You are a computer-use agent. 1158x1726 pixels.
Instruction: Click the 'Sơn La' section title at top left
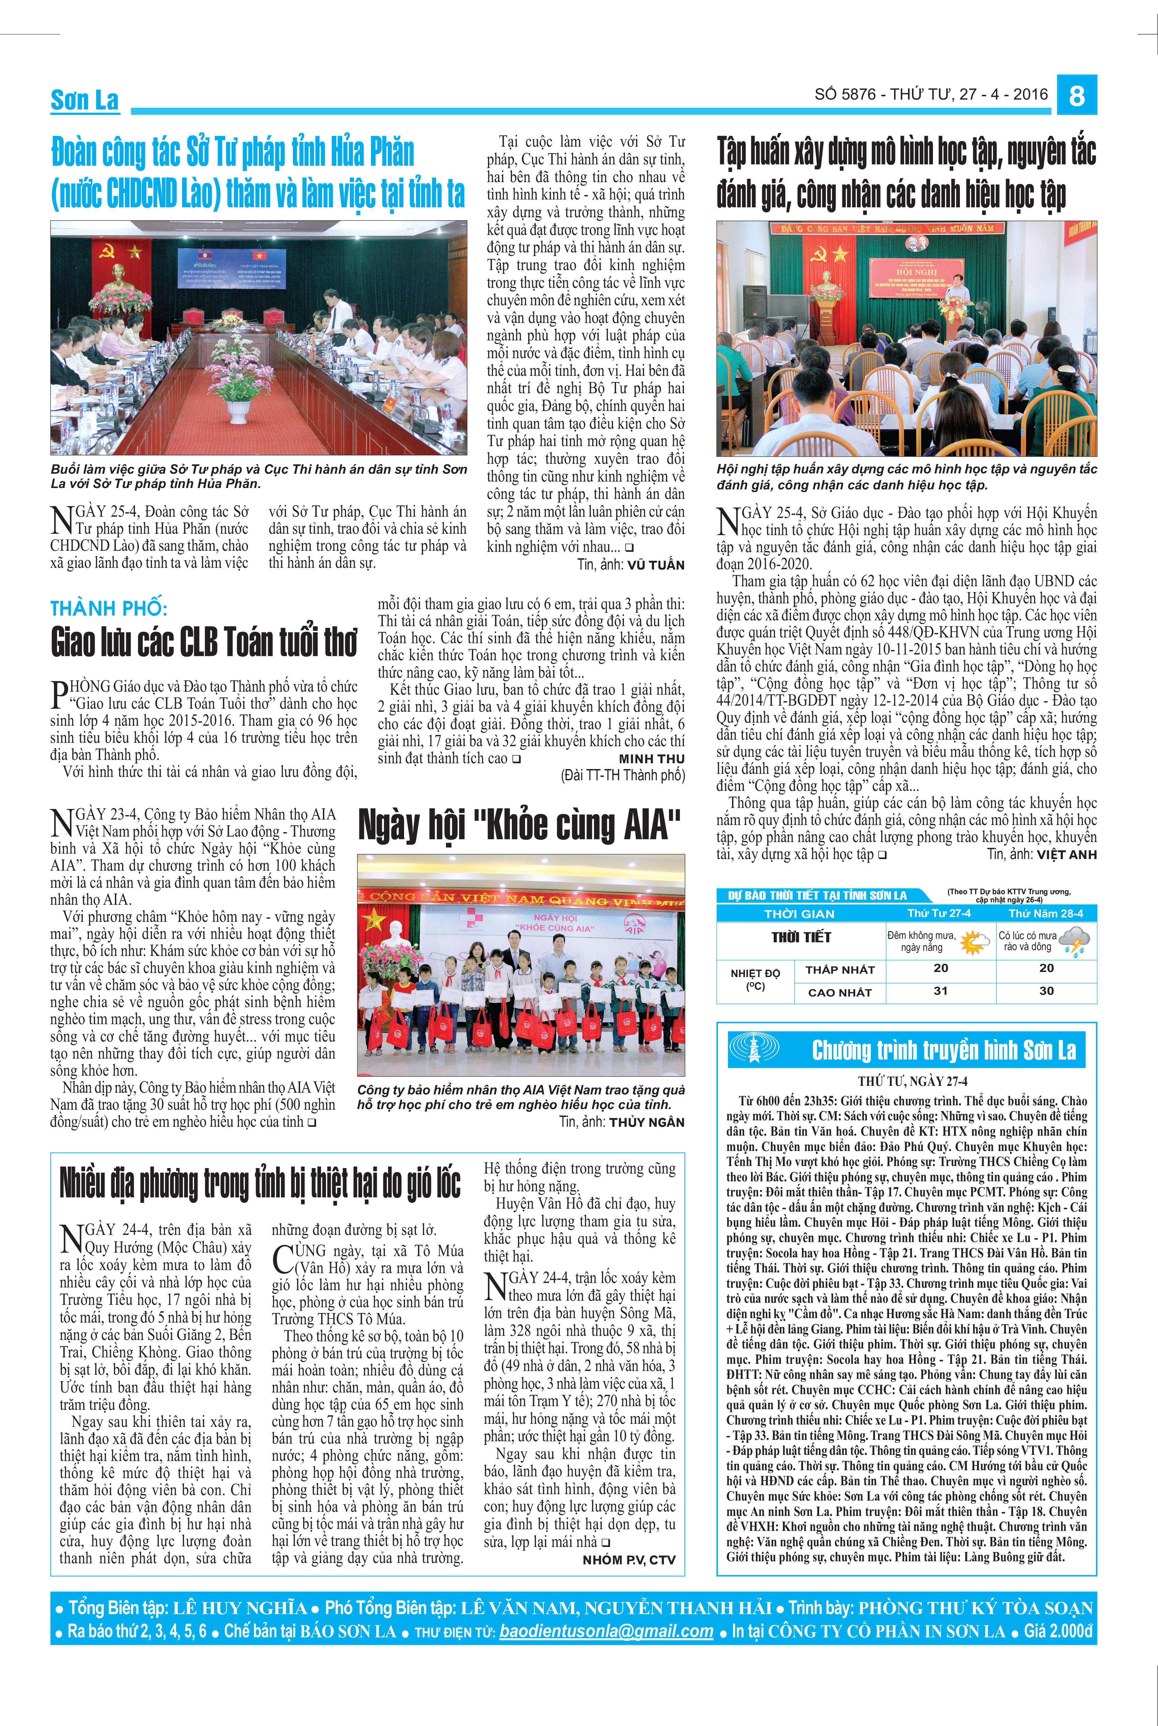point(84,100)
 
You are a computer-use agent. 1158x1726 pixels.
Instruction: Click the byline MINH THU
point(651,758)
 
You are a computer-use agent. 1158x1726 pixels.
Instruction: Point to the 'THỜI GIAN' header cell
point(799,914)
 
